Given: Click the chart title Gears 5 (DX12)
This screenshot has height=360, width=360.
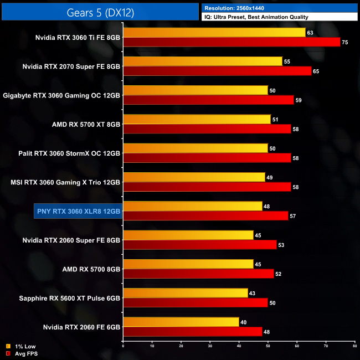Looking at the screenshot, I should [100, 11].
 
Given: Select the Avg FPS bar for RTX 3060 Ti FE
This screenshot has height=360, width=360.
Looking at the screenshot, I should [232, 42].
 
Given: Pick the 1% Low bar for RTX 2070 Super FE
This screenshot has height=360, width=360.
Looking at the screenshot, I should [203, 61].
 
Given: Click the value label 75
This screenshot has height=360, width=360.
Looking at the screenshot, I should [344, 42].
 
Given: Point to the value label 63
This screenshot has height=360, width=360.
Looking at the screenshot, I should [310, 33].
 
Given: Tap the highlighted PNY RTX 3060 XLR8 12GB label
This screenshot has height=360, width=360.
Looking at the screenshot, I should [78, 211].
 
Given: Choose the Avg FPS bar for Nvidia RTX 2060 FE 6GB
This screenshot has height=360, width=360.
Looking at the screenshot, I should [193, 331].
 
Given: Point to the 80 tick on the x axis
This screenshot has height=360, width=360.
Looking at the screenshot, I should [354, 346].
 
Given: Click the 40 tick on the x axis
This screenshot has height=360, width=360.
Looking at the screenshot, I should [239, 346].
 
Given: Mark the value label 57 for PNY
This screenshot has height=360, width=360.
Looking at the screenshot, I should [292, 216].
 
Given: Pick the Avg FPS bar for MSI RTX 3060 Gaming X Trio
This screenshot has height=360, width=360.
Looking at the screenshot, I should [207, 187].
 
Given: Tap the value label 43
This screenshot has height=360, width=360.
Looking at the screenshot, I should [253, 292].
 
